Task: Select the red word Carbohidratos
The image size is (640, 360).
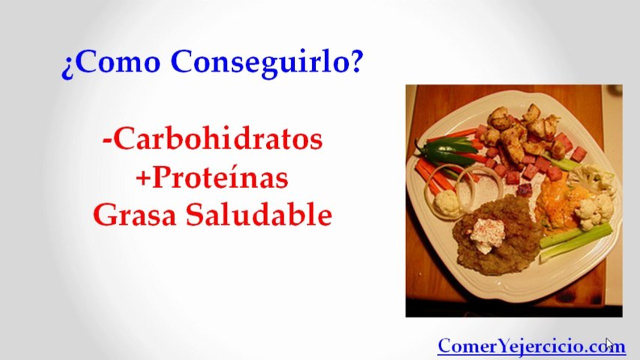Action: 218,139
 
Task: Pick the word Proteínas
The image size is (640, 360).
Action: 220,177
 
